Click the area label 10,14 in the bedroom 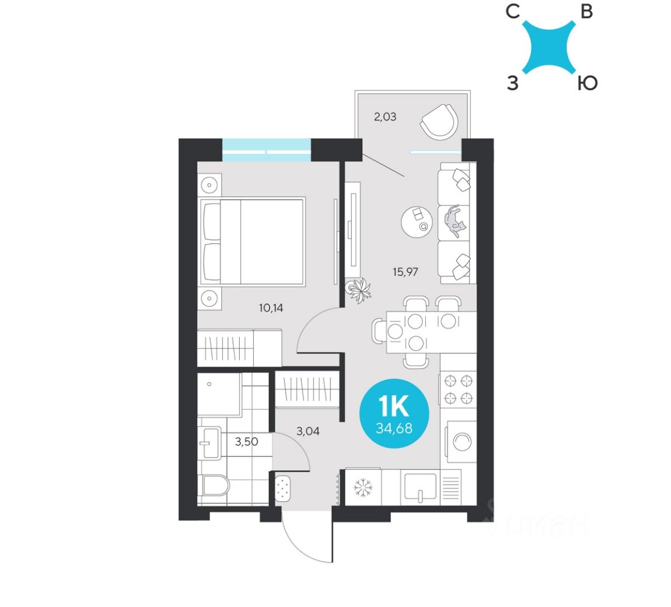(x=271, y=308)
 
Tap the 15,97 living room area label (x=406, y=271)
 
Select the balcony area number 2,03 (x=385, y=116)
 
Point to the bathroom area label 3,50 (x=246, y=441)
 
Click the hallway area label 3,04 (x=307, y=431)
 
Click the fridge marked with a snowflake (x=364, y=487)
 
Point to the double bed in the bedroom (x=252, y=242)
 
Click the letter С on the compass (x=513, y=12)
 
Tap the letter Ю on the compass (x=586, y=84)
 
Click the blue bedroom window (x=267, y=150)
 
